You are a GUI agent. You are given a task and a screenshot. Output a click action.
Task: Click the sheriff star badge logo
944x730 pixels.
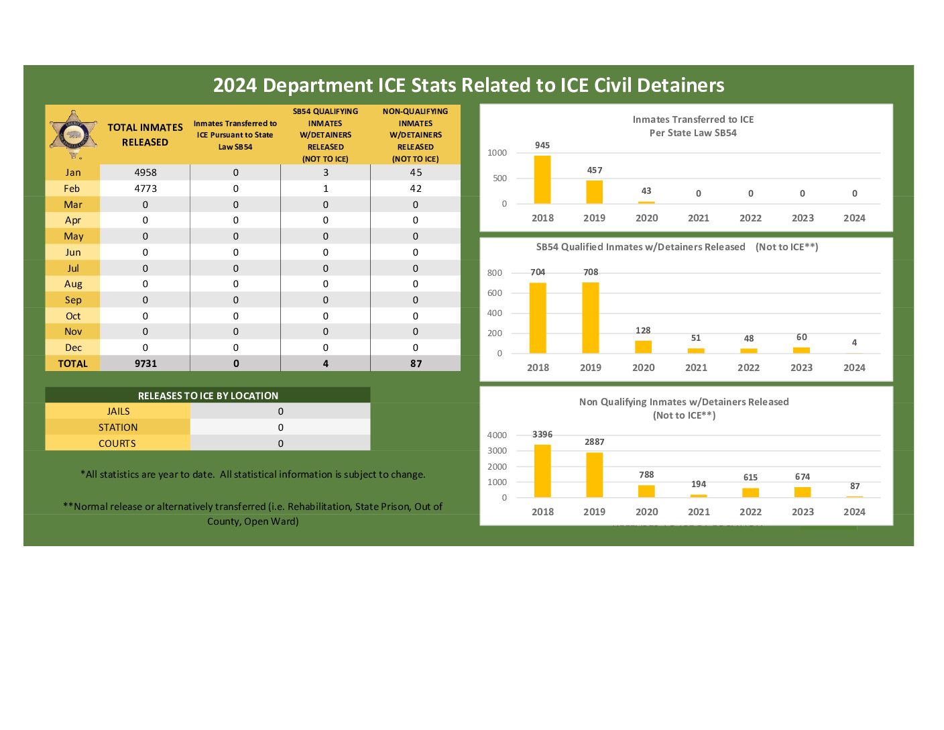[x=74, y=134]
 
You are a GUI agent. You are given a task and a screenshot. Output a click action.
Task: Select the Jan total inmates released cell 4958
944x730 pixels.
[x=145, y=172]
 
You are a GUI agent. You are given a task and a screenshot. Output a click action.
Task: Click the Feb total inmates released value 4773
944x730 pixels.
[x=145, y=189]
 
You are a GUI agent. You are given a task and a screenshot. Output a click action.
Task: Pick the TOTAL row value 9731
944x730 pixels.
[x=145, y=364]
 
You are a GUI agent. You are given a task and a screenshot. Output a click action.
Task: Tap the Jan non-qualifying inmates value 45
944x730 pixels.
[x=416, y=172]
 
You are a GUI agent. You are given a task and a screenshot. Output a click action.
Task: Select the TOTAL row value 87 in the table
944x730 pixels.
[x=416, y=364]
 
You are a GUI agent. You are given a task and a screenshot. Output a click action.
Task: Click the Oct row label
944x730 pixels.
[x=73, y=316]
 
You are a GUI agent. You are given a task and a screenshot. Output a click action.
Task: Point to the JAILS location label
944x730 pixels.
[x=118, y=411]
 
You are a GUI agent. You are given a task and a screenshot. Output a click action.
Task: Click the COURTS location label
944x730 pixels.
[x=117, y=444]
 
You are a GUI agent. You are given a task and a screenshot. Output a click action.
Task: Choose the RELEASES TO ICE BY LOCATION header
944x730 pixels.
[x=208, y=396]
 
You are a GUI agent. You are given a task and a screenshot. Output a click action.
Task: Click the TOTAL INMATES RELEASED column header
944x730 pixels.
[x=145, y=135]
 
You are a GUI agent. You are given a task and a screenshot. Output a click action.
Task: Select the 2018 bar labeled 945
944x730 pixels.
[x=542, y=180]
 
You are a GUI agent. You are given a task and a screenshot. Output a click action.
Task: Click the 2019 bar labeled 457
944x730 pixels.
[x=594, y=192]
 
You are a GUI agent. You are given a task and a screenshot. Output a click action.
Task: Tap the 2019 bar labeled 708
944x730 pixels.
[x=591, y=317]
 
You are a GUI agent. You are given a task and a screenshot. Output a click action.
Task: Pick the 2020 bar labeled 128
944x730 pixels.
[x=643, y=347]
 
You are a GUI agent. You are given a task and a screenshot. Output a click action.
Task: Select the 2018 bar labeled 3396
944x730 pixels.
[x=542, y=471]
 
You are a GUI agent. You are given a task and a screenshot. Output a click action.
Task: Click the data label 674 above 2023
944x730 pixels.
[x=803, y=477]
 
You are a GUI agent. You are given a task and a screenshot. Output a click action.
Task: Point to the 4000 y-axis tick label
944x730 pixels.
[x=497, y=435]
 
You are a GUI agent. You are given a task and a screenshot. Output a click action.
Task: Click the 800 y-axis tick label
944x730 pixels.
[x=495, y=273]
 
